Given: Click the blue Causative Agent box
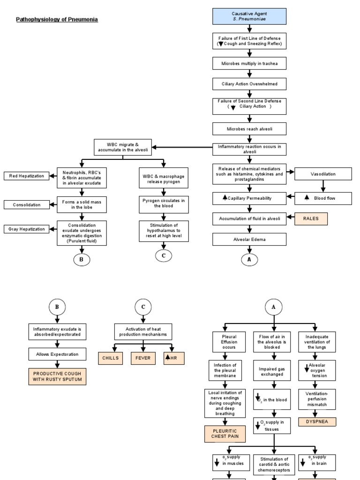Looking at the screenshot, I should click(249, 17).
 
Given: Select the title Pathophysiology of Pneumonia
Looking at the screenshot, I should click(57, 19).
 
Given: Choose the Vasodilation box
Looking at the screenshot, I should click(323, 174).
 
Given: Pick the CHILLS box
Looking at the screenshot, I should click(110, 358).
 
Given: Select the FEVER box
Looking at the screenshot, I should click(142, 358).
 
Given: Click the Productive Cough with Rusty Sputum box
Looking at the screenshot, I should click(58, 377).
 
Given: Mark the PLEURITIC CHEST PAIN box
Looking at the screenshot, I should click(225, 434).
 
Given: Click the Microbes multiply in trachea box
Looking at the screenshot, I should click(249, 63).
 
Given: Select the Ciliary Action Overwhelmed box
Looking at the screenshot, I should click(249, 84).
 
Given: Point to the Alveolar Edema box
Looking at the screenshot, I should click(249, 240).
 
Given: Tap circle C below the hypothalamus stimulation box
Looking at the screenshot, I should click(164, 256).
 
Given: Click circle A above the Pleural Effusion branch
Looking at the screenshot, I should click(273, 307).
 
